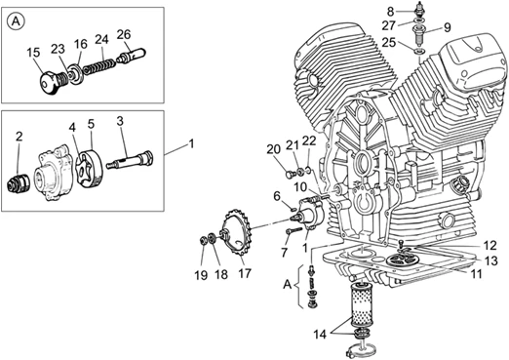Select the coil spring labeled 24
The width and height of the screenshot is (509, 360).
point(98,65)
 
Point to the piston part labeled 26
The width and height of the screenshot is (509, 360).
point(132,56)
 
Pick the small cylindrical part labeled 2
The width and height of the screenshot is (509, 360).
point(19,184)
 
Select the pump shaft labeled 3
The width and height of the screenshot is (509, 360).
point(130,160)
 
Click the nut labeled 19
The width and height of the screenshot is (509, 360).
point(202,242)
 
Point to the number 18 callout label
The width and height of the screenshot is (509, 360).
point(221,274)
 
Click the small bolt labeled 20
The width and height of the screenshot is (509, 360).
point(291,175)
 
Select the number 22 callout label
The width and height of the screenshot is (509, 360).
point(309,140)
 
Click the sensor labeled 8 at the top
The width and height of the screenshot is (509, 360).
point(419,9)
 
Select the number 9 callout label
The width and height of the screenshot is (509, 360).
point(448,27)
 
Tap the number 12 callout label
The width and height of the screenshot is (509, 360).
point(490,245)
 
